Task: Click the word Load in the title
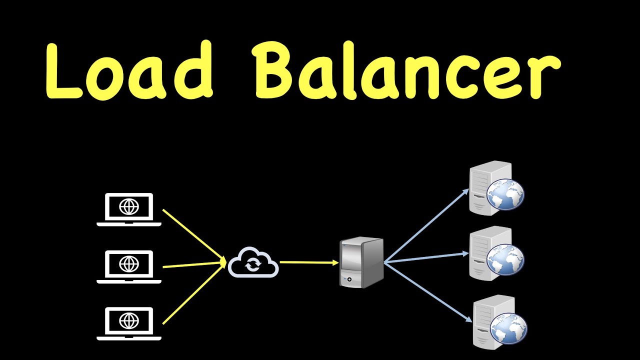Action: pos(129,70)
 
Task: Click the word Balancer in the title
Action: pos(406,70)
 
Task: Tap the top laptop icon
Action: pos(129,209)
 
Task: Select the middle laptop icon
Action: pos(129,267)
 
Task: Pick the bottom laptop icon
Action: pos(129,323)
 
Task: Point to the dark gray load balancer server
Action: pos(361,262)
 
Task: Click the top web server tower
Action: pos(490,188)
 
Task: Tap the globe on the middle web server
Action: pos(505,259)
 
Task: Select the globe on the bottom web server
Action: pos(508,328)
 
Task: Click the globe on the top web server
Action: pos(505,194)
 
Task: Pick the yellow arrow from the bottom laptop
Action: pos(194,292)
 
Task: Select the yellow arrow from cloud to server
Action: pos(309,262)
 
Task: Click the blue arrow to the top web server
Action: pos(426,225)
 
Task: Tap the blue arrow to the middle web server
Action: pos(426,257)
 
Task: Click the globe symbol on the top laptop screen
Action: pos(129,206)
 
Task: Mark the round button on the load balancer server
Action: pos(349,279)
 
